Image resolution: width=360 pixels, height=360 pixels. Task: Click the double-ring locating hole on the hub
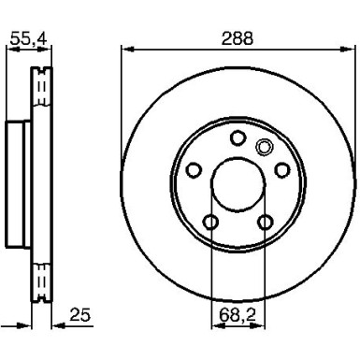tap(263, 145)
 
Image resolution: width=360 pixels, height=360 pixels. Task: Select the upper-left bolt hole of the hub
tap(194, 169)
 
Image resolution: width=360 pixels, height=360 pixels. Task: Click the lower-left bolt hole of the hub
tap(210, 222)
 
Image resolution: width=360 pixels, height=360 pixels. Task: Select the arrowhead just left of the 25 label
tap(52, 322)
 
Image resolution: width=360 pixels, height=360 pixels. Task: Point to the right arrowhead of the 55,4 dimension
tap(48, 50)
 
